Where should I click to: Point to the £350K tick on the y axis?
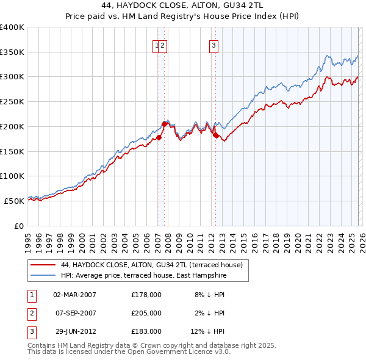point(12,52)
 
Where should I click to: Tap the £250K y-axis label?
point(12,102)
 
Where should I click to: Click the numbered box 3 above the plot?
point(214,44)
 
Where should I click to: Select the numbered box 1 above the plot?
point(157,44)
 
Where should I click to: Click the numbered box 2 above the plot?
point(163,44)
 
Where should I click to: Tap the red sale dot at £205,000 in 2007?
point(164,124)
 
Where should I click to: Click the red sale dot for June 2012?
point(215,135)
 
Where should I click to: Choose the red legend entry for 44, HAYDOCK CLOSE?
point(152,265)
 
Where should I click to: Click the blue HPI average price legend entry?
point(143,276)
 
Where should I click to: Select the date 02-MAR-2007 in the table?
point(74,295)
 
